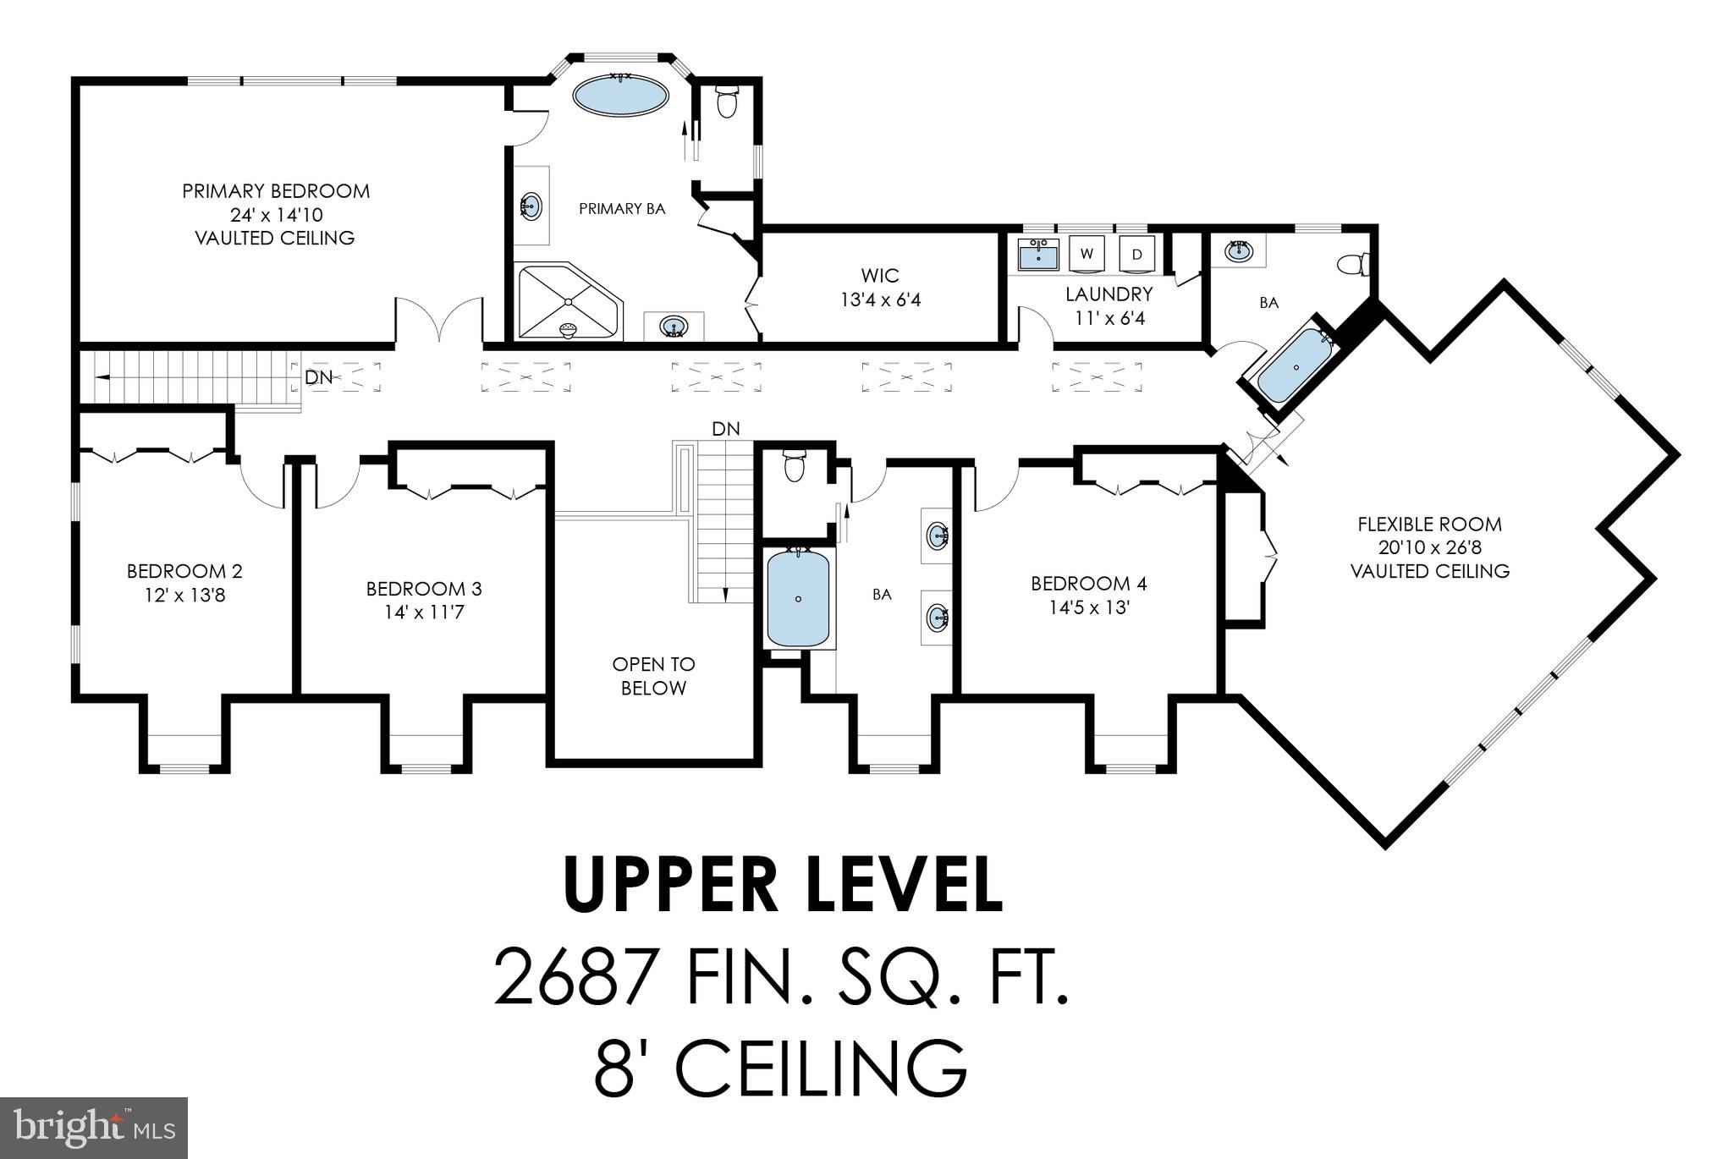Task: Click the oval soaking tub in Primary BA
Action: [620, 96]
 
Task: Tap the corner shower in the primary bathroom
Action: [568, 302]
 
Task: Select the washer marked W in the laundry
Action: [1087, 254]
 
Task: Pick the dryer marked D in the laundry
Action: [1136, 254]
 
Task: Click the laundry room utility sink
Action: [1037, 253]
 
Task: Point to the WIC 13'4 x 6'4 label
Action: [880, 288]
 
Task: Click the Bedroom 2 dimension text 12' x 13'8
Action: [184, 596]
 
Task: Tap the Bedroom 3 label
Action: [424, 589]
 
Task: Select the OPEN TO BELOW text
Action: [653, 676]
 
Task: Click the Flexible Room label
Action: [1429, 525]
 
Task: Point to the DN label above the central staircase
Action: [725, 429]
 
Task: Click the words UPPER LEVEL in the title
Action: [783, 885]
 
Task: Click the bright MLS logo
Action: [94, 1127]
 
